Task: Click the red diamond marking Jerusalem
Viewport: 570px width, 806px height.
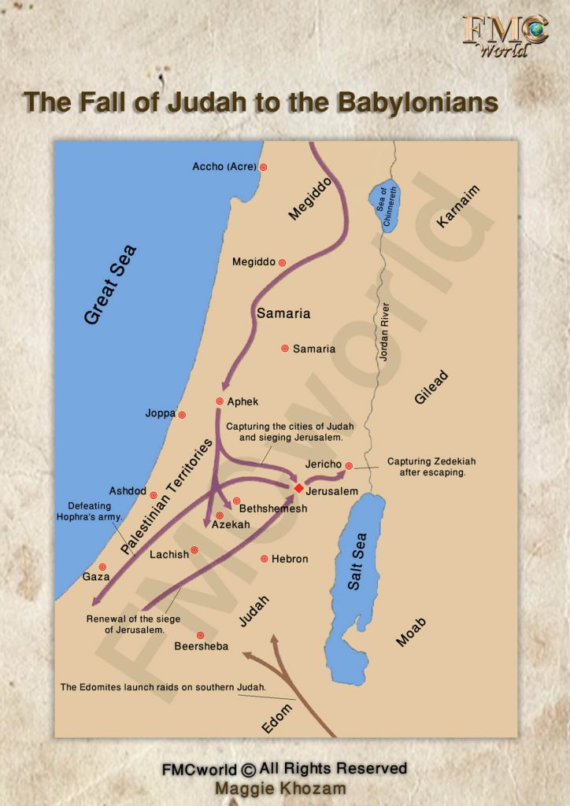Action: click(x=299, y=488)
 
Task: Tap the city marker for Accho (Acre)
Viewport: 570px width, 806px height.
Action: click(x=264, y=167)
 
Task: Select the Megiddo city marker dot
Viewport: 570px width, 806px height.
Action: click(x=282, y=262)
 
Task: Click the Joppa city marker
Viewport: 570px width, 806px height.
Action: click(x=182, y=415)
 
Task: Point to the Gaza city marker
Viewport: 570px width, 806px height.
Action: click(x=102, y=567)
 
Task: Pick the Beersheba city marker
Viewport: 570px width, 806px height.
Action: click(x=201, y=635)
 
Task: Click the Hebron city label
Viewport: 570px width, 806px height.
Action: click(x=290, y=559)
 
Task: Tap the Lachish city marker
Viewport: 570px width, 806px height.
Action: click(x=194, y=550)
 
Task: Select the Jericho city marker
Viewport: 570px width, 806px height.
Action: click(x=349, y=465)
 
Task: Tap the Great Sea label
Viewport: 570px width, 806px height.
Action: click(x=110, y=284)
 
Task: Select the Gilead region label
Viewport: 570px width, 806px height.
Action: click(x=431, y=387)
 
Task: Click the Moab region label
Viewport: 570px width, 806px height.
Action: click(x=411, y=632)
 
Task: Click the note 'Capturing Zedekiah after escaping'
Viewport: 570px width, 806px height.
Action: click(x=431, y=467)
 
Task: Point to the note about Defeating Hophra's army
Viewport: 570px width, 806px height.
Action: click(x=88, y=511)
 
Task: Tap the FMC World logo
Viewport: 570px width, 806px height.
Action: click(x=505, y=35)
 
